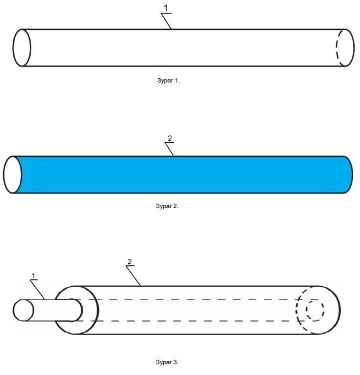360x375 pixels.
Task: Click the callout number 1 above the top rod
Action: (x=166, y=8)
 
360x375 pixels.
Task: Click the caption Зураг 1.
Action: (x=168, y=81)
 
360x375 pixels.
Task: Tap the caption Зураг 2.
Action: (x=167, y=206)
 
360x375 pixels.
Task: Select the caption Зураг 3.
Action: (x=167, y=362)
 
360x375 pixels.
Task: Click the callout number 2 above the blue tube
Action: (x=170, y=138)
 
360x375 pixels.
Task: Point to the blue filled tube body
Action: (x=183, y=174)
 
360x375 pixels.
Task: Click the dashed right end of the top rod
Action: (x=337, y=48)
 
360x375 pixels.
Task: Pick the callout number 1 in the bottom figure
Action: (x=34, y=276)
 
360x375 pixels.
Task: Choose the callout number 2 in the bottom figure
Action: (x=130, y=261)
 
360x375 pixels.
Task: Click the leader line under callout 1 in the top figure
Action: (x=166, y=21)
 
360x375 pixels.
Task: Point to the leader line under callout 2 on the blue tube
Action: (x=170, y=149)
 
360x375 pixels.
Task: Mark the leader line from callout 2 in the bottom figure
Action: (x=133, y=276)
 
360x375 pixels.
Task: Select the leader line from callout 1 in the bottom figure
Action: (x=37, y=289)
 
